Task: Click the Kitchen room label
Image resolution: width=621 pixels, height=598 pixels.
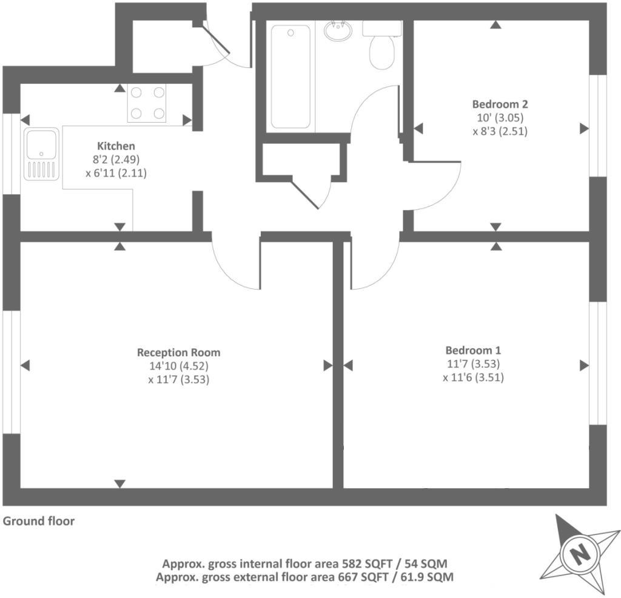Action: pyautogui.click(x=116, y=146)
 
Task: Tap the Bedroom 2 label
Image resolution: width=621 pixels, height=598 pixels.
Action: pyautogui.click(x=500, y=104)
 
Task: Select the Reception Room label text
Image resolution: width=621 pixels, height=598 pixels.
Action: pyautogui.click(x=179, y=352)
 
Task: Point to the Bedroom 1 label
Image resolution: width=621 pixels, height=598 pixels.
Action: pyautogui.click(x=473, y=350)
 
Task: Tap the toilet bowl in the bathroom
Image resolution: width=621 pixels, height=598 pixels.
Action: pyautogui.click(x=382, y=53)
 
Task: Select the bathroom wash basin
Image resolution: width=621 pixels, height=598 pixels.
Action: pyautogui.click(x=340, y=30)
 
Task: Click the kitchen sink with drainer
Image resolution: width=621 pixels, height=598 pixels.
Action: pyautogui.click(x=42, y=154)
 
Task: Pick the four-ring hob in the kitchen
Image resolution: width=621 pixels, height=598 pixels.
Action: pyautogui.click(x=146, y=103)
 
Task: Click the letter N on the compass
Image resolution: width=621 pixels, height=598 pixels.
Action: pyautogui.click(x=580, y=554)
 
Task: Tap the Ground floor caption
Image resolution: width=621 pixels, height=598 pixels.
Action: pyautogui.click(x=39, y=521)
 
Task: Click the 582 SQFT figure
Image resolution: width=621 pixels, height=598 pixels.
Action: pyautogui.click(x=372, y=563)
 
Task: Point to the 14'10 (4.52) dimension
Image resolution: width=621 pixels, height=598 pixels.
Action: pyautogui.click(x=179, y=366)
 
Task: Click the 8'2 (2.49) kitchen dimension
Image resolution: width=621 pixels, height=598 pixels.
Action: pyautogui.click(x=116, y=160)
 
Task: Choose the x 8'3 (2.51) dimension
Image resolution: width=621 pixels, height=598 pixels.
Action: pyautogui.click(x=500, y=131)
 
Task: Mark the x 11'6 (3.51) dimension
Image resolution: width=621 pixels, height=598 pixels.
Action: pyautogui.click(x=473, y=377)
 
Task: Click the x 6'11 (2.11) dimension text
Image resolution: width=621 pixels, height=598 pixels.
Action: pyautogui.click(x=116, y=173)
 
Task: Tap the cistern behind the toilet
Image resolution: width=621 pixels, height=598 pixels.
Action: pyautogui.click(x=382, y=28)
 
